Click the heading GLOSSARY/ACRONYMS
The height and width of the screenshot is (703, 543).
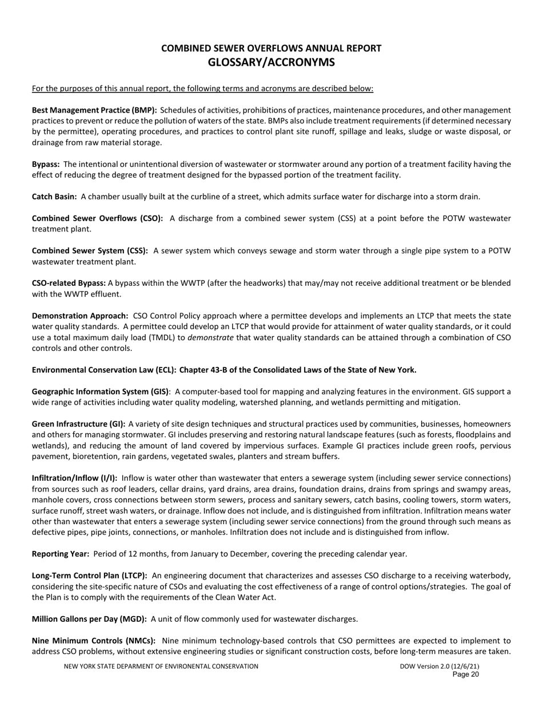click(x=271, y=62)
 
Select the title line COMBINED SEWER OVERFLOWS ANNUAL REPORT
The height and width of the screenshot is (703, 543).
click(x=271, y=49)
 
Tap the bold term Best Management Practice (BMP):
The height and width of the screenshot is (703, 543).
click(x=94, y=110)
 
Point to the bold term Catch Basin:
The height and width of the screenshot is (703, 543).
click(x=54, y=197)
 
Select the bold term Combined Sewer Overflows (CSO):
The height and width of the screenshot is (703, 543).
click(x=97, y=218)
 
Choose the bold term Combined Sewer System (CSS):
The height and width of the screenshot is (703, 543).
click(x=90, y=251)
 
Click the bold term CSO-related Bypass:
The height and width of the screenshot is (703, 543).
click(x=69, y=283)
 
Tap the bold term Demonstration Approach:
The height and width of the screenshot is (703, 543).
click(x=80, y=316)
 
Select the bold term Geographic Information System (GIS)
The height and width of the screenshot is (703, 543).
click(x=100, y=392)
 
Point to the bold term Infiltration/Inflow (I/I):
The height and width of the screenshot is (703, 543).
click(x=74, y=478)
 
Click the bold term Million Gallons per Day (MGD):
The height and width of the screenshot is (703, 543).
click(x=89, y=619)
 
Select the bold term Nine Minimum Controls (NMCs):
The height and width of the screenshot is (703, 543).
click(x=93, y=641)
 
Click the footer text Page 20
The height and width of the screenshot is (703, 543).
click(x=465, y=674)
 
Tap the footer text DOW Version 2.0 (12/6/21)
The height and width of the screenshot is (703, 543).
click(x=440, y=666)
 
